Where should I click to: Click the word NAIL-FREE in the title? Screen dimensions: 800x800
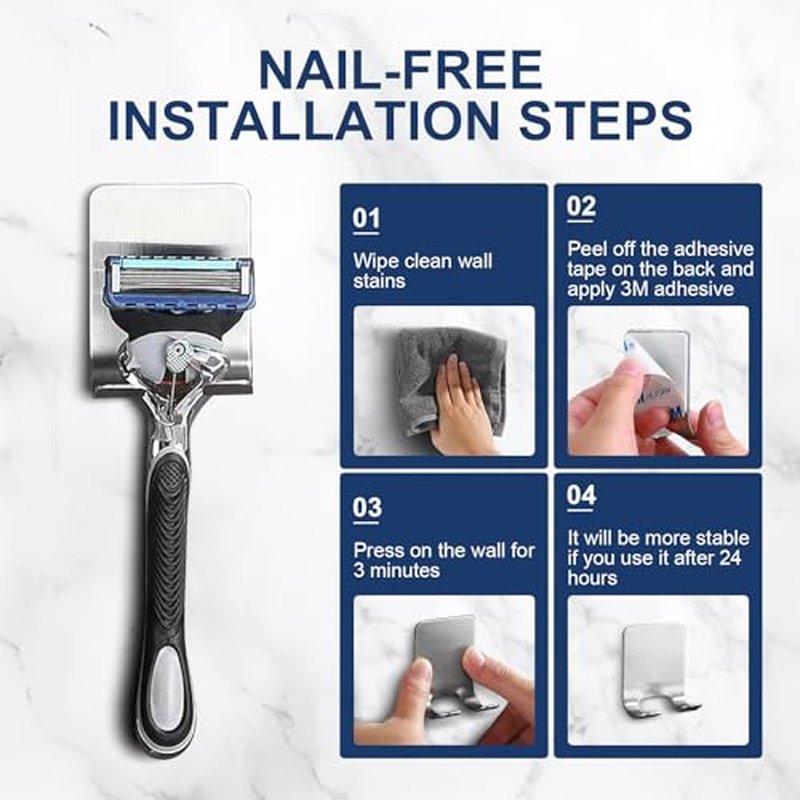pos(400,69)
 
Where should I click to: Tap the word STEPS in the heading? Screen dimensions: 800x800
pos(605,120)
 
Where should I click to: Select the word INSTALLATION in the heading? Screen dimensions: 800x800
pos(304,120)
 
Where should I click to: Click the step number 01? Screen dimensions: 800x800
pos(366,218)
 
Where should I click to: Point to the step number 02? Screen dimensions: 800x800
pos(581,207)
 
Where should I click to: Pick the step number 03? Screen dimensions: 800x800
pos(366,508)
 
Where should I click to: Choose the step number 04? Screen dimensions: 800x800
pos(581,495)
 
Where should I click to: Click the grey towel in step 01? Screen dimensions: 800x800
pos(449,378)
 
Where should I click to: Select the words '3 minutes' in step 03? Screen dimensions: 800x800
pos(396,570)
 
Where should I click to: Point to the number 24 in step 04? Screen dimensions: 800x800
pos(730,558)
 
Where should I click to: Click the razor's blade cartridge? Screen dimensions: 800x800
pos(178,282)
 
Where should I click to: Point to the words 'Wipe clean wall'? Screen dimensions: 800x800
pos(423,261)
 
